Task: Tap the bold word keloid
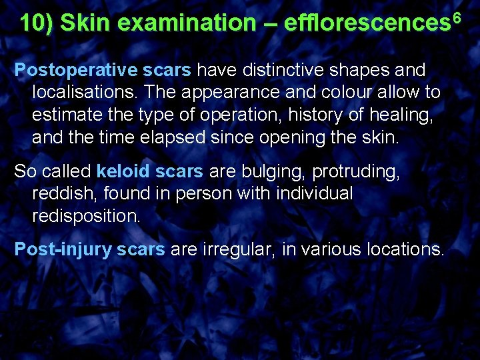pyautogui.click(x=123, y=171)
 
